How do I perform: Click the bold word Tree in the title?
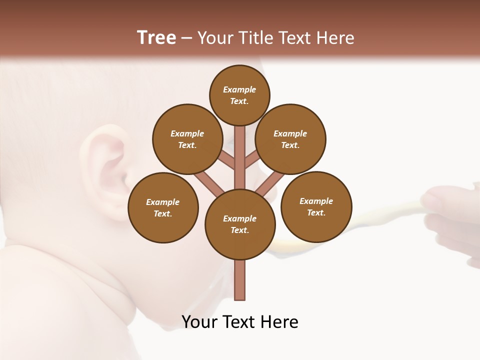(x=156, y=37)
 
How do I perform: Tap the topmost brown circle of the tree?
(x=239, y=95)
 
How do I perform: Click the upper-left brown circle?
(x=187, y=139)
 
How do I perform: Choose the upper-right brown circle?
(x=290, y=139)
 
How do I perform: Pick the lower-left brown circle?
(x=163, y=207)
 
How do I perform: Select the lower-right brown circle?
(x=316, y=206)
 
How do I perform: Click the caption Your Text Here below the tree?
(x=240, y=322)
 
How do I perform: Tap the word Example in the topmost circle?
(x=239, y=89)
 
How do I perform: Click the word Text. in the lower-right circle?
(x=316, y=212)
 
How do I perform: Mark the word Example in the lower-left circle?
(x=163, y=202)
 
